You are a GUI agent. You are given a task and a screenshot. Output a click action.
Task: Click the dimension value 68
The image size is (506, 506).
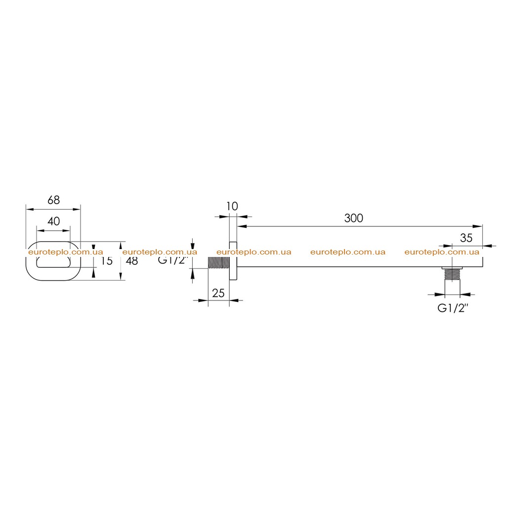[x=53, y=200]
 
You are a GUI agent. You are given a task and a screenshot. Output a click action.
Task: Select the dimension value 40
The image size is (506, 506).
[x=53, y=221]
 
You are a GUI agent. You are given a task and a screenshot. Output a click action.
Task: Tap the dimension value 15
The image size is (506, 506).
[x=107, y=261]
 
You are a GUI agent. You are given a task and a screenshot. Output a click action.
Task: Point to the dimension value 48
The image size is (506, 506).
[x=131, y=261]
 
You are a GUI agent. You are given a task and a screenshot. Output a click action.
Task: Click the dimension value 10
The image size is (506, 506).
[x=232, y=206]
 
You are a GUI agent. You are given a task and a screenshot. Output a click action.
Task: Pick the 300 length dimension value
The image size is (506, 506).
[x=354, y=218]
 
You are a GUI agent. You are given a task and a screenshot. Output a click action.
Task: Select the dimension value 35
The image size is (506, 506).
[x=466, y=238]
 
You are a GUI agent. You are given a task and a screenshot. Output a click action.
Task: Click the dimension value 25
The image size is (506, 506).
[x=218, y=293]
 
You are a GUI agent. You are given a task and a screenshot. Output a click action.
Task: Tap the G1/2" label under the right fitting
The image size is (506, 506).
[x=453, y=308]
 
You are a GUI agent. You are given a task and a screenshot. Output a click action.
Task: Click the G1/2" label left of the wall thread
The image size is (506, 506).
[x=173, y=260]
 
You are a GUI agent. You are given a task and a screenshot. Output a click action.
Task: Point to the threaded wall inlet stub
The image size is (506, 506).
[x=219, y=263]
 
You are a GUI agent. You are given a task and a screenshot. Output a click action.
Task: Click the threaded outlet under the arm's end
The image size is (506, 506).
[x=452, y=274]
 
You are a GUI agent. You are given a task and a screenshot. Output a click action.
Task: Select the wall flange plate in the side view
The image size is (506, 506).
[x=233, y=261]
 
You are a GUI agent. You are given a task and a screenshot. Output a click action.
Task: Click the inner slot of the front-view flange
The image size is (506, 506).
[x=53, y=262]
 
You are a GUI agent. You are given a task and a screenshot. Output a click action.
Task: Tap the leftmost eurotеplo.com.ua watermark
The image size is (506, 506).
[x=66, y=252]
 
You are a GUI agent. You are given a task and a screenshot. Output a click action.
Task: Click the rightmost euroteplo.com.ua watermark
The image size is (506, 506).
[x=442, y=252]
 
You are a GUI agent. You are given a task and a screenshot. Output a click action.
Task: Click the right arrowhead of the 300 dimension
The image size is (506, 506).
[x=478, y=226]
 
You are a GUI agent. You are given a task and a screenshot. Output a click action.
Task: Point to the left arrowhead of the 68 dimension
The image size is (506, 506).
[x=30, y=210]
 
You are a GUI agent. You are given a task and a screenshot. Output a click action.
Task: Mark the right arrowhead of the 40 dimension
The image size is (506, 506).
[x=66, y=230]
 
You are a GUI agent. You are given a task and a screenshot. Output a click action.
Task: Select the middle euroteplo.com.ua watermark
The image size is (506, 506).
[x=253, y=252]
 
